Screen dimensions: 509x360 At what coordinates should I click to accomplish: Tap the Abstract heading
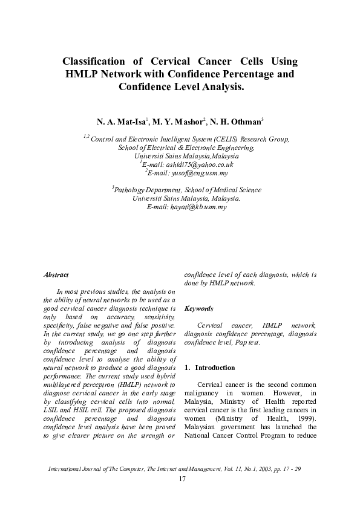click(x=56, y=275)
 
